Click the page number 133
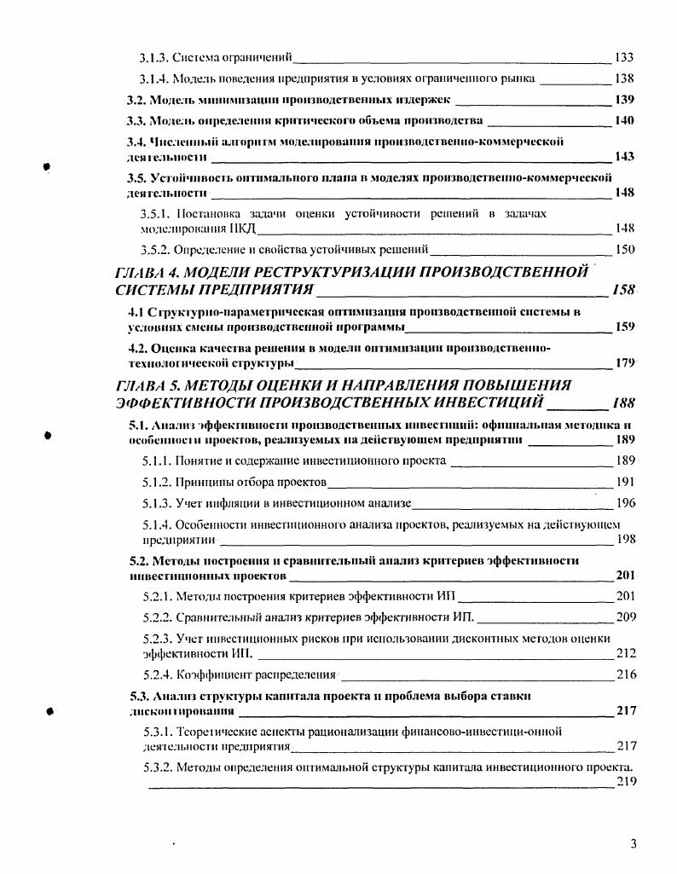click(623, 58)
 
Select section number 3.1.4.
click(154, 79)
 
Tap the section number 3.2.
click(137, 100)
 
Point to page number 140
click(623, 120)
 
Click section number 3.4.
click(137, 142)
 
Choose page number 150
click(625, 250)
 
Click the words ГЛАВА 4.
click(149, 273)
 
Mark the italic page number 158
click(623, 291)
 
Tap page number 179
click(625, 362)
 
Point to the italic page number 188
click(622, 403)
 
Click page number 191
click(625, 482)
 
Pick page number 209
click(625, 616)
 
